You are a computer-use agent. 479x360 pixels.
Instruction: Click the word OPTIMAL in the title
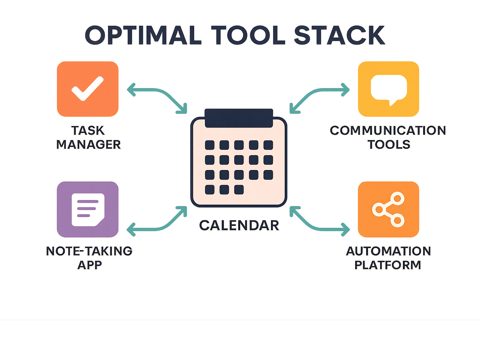[x=143, y=35]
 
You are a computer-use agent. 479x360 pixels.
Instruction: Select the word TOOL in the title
[x=248, y=35]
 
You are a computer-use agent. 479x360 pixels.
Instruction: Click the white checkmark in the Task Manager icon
[x=88, y=89]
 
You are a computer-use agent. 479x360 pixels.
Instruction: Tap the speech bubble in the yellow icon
[x=389, y=88]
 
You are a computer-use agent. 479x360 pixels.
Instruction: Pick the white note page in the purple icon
[x=88, y=209]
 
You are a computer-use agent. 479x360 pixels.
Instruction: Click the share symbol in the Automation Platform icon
[x=389, y=209]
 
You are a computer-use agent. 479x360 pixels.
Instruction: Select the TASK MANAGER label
[x=88, y=138]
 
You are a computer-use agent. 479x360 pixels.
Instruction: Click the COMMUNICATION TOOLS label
[x=388, y=138]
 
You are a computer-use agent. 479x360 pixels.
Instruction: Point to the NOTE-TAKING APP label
[x=89, y=258]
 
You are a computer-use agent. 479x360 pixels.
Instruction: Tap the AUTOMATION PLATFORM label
[x=388, y=258]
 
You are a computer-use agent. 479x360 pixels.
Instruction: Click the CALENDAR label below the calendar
[x=239, y=226]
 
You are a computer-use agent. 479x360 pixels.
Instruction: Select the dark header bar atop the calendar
[x=239, y=118]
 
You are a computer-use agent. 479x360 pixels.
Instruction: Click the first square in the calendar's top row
[x=210, y=145]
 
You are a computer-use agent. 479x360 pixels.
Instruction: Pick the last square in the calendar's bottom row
[x=239, y=190]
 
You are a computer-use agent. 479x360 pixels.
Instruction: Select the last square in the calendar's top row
[x=268, y=145]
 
